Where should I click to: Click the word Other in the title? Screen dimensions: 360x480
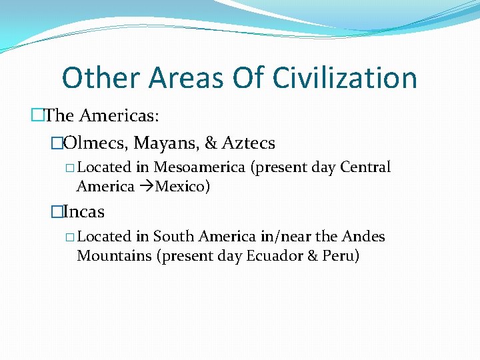tap(99, 78)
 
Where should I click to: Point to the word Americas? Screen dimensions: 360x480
tap(119, 116)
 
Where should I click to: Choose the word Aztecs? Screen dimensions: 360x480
tap(249, 143)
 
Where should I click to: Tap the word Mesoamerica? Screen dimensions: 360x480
tap(200, 167)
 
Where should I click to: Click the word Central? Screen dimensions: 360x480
tap(365, 167)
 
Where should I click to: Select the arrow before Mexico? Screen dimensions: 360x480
tap(146, 187)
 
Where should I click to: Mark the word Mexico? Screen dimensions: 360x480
tap(182, 187)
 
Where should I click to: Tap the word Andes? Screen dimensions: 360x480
tap(363, 237)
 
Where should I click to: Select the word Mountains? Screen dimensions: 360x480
tap(114, 256)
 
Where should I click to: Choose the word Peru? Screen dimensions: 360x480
tap(339, 256)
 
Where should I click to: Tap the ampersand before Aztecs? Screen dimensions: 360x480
tap(212, 143)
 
